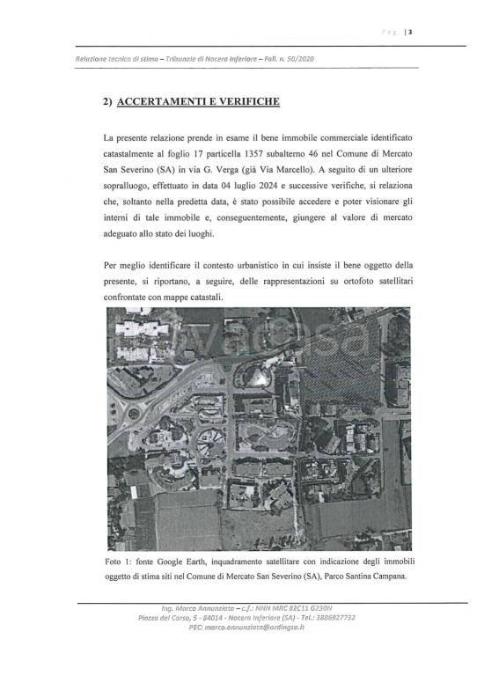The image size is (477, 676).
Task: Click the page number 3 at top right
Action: coord(411,33)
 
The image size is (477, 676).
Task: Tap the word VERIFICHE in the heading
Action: coord(246,101)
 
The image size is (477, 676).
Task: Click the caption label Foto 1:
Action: coord(120,561)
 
